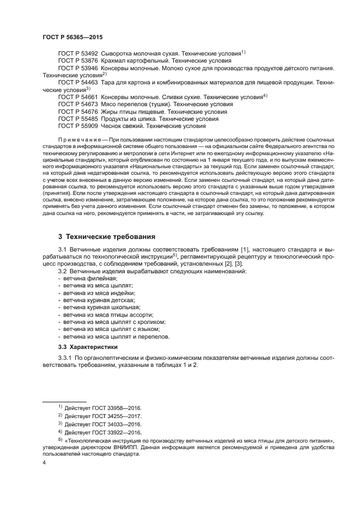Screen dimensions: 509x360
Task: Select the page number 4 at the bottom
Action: click(44, 462)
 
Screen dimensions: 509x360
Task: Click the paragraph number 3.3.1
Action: click(66, 358)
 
